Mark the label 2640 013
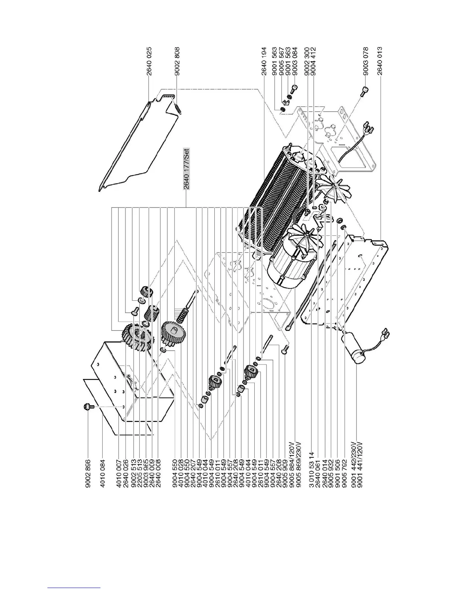click(x=380, y=61)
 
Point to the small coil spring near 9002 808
click(x=178, y=109)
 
